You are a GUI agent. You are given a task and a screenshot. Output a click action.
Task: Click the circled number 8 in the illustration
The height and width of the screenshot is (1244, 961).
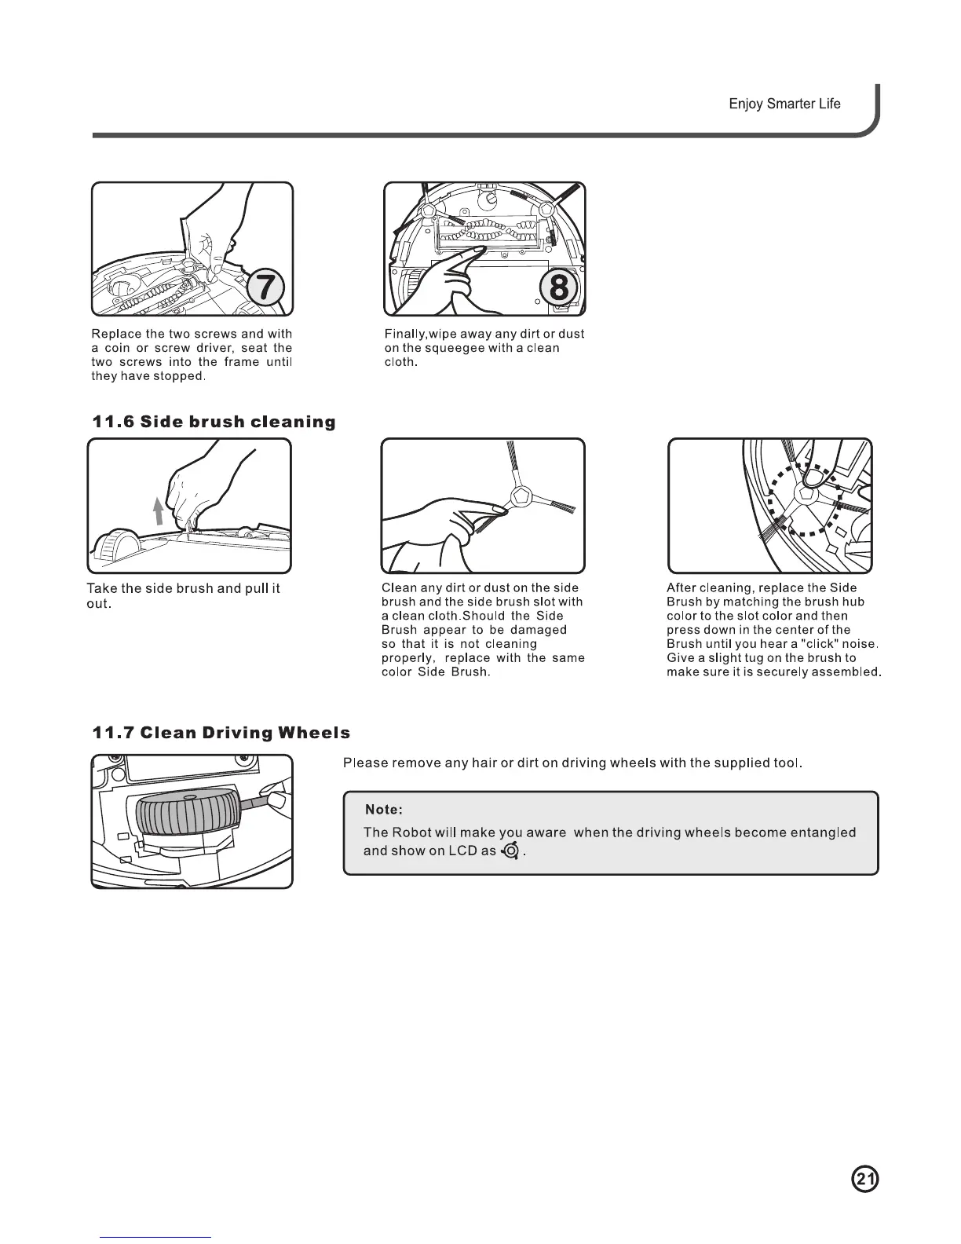click(x=558, y=287)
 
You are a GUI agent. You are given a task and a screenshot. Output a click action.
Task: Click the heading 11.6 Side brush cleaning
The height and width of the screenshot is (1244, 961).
click(x=214, y=422)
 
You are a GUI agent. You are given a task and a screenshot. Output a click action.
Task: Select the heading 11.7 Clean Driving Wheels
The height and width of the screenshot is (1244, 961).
click(x=221, y=733)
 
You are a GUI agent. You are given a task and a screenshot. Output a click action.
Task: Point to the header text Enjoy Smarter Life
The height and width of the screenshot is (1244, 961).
click(x=784, y=104)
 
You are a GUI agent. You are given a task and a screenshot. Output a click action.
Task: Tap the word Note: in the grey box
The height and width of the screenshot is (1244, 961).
click(x=385, y=810)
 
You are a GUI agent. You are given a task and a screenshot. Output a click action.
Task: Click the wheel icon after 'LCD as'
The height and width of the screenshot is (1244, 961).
click(x=511, y=851)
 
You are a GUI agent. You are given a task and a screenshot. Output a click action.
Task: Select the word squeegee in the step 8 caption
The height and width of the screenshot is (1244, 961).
click(x=449, y=348)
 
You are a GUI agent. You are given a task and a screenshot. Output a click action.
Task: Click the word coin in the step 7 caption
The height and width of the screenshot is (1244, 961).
click(x=116, y=348)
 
